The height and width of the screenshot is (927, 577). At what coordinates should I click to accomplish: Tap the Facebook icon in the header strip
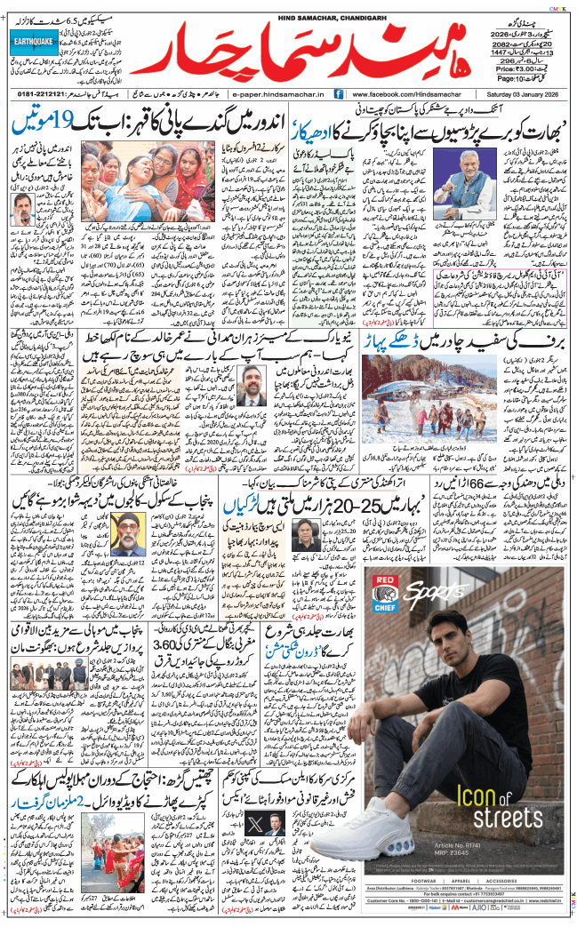[339, 93]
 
